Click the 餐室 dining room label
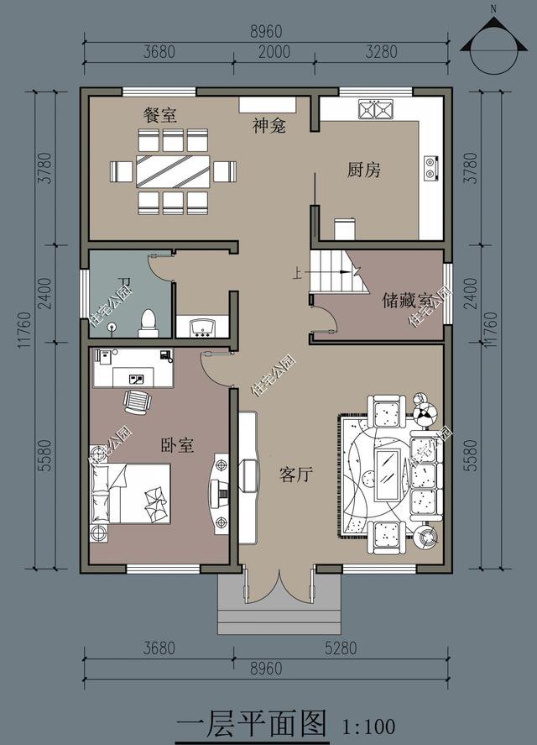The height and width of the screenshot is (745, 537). click(x=159, y=116)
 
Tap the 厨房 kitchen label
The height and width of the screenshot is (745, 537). click(x=364, y=170)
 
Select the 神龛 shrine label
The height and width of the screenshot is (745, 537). click(x=269, y=126)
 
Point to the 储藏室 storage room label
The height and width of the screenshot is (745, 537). click(x=408, y=300)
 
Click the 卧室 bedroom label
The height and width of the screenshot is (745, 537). click(x=177, y=445)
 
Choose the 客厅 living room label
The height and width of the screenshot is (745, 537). click(x=295, y=475)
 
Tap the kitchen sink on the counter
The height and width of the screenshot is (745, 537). click(x=375, y=109)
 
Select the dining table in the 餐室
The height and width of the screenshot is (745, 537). click(x=172, y=171)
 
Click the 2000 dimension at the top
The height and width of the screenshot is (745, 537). click(x=274, y=51)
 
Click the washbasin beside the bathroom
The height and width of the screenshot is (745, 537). click(x=201, y=327)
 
